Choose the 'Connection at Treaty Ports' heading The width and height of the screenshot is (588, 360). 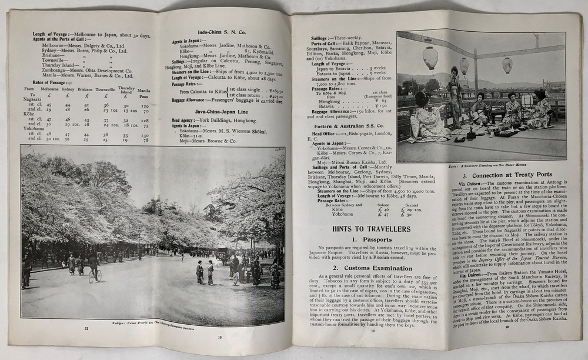pos(507,175)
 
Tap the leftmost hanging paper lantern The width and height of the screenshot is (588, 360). pos(430,58)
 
